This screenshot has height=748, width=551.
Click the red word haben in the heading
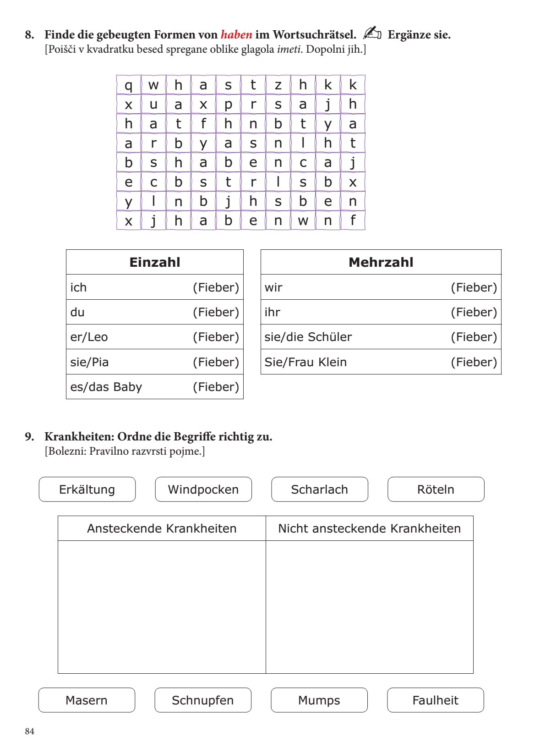tap(236, 35)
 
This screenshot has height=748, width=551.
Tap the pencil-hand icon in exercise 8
tap(372, 33)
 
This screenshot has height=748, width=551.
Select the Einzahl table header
tap(155, 262)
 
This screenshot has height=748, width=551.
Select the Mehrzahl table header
tap(381, 262)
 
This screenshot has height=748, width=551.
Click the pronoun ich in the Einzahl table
tap(78, 287)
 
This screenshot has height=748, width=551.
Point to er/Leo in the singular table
tap(89, 337)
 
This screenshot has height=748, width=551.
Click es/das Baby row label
tap(106, 387)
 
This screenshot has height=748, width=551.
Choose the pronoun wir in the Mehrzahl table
tap(273, 287)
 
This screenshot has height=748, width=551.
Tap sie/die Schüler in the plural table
tap(308, 337)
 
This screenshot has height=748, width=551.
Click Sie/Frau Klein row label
tap(306, 362)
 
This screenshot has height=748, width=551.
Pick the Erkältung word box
tap(87, 489)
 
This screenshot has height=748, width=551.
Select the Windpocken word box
tap(203, 489)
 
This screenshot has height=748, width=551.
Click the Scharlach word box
tap(320, 489)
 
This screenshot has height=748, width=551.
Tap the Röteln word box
tap(436, 489)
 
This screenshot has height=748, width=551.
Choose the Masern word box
tap(87, 700)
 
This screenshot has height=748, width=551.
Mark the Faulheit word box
tap(435, 700)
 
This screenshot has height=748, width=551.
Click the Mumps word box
tap(319, 700)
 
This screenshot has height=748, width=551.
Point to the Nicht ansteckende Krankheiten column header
tap(369, 528)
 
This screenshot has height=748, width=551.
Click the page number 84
tap(30, 731)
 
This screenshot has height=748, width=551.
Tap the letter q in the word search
tap(129, 85)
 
